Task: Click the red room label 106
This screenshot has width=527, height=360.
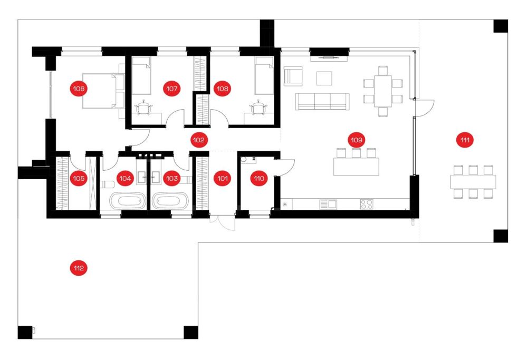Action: pyautogui.click(x=79, y=89)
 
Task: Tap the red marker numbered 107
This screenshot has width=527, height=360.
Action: pyautogui.click(x=171, y=89)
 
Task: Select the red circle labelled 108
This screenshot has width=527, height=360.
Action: pyautogui.click(x=223, y=89)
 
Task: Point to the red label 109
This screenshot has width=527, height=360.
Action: pyautogui.click(x=356, y=140)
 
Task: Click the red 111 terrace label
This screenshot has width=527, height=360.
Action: pyautogui.click(x=465, y=140)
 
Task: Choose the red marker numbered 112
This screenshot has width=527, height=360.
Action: pyautogui.click(x=79, y=268)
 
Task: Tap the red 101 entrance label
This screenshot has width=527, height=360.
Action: pyautogui.click(x=223, y=178)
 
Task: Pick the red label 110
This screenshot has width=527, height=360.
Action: pyautogui.click(x=259, y=178)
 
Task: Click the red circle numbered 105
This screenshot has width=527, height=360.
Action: pyautogui.click(x=79, y=178)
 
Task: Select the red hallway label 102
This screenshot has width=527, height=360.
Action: pyautogui.click(x=198, y=140)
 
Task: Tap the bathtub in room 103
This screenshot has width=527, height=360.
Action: pyautogui.click(x=171, y=201)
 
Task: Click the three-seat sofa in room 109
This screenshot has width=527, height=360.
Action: pyautogui.click(x=322, y=101)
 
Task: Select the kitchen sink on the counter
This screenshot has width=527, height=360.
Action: pyautogui.click(x=328, y=204)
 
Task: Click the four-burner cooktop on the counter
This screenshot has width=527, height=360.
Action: pyautogui.click(x=367, y=204)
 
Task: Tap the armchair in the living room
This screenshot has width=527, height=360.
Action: pyautogui.click(x=293, y=75)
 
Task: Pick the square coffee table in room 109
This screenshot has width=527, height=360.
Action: pyautogui.click(x=324, y=78)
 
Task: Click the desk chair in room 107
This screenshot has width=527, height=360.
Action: pyautogui.click(x=144, y=108)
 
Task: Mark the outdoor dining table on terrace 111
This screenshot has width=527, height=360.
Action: pyautogui.click(x=473, y=182)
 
